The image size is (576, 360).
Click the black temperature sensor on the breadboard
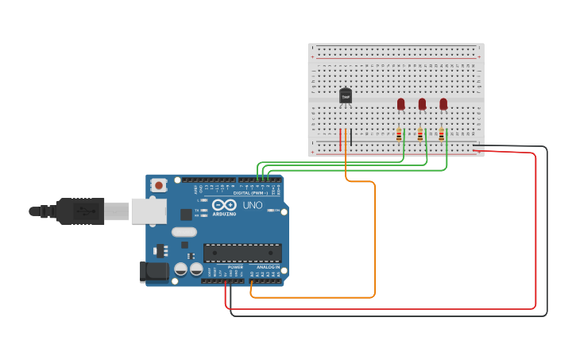click(x=346, y=96)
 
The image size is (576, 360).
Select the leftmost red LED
click(x=401, y=104)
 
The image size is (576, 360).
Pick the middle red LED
click(x=422, y=104)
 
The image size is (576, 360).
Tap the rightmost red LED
click(x=443, y=104)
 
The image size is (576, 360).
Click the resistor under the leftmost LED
click(x=399, y=135)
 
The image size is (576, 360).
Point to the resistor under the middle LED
click(x=420, y=135)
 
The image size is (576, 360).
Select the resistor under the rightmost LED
click(x=442, y=135)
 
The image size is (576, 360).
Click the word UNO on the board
click(x=252, y=206)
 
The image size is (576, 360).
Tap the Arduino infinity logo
click(x=223, y=204)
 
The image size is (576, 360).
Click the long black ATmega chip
click(x=242, y=253)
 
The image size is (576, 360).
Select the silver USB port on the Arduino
click(x=149, y=211)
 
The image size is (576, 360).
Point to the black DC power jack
click(x=154, y=272)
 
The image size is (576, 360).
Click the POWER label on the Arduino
click(x=235, y=267)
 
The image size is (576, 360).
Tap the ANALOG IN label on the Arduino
click(x=267, y=267)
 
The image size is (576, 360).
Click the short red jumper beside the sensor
click(x=340, y=140)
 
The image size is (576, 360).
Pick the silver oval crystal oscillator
click(x=184, y=233)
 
